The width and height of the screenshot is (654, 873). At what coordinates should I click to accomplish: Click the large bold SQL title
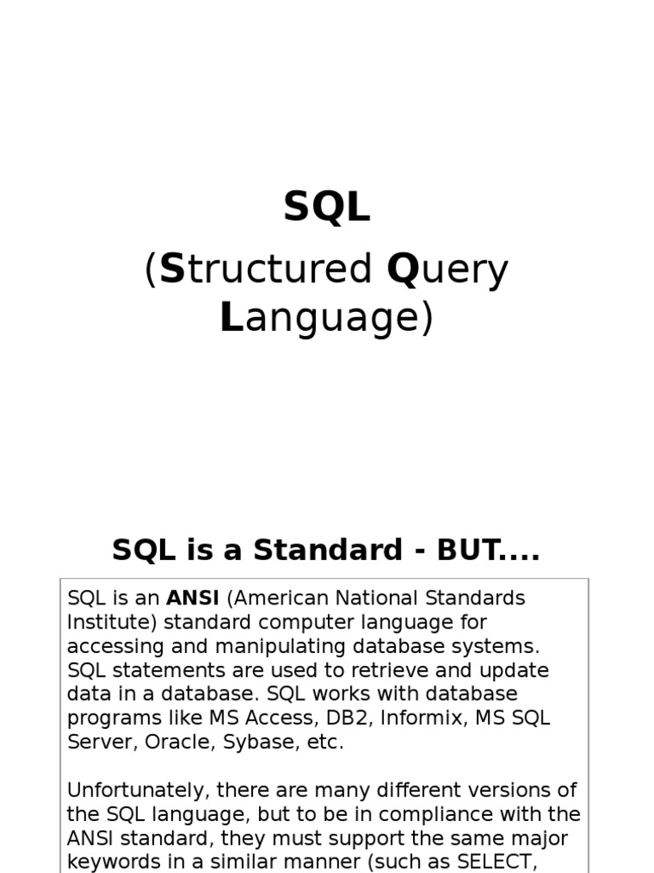point(327,207)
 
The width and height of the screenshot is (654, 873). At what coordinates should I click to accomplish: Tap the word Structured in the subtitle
point(266,269)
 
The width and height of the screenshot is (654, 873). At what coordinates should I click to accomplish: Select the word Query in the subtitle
point(447,269)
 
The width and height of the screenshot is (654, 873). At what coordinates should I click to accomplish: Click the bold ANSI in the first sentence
point(192,598)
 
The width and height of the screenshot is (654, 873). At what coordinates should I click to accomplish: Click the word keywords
point(110,861)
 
